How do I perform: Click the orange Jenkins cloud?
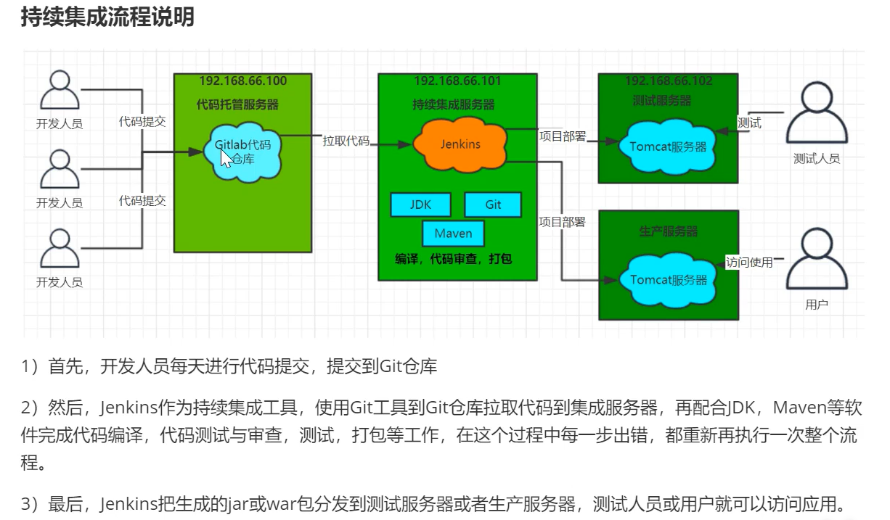tap(460, 144)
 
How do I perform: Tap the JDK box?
tap(420, 205)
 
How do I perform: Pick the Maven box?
tap(453, 234)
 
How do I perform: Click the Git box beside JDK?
tap(493, 205)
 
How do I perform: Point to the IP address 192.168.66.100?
tap(242, 81)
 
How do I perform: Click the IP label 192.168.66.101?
tap(457, 81)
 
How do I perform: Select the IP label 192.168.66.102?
tap(669, 81)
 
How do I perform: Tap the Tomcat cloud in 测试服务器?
tap(667, 146)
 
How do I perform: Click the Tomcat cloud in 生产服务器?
tap(667, 279)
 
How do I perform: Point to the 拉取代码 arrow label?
tap(346, 141)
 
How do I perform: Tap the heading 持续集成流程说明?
tap(107, 17)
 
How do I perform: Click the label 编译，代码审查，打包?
tap(453, 259)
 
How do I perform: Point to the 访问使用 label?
tap(749, 263)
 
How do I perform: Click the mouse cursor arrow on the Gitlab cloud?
tap(227, 158)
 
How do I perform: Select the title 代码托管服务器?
tap(237, 104)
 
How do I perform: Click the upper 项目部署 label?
tap(562, 136)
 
